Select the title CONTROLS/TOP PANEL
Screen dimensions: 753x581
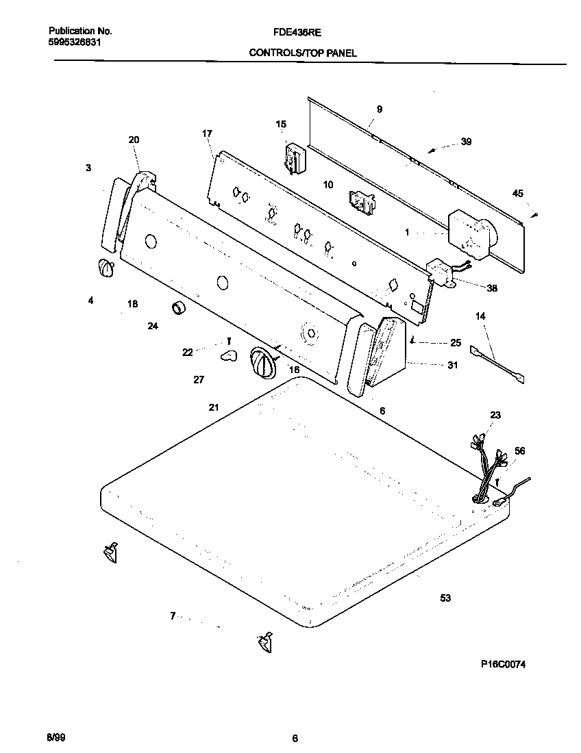click(302, 53)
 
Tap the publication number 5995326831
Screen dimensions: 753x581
click(79, 42)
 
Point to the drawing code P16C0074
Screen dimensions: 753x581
click(503, 664)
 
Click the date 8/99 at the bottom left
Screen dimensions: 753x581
click(55, 737)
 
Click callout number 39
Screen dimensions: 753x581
click(466, 142)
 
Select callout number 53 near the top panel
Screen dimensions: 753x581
click(445, 598)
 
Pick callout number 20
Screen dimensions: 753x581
click(134, 140)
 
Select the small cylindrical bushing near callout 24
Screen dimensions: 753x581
click(180, 309)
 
